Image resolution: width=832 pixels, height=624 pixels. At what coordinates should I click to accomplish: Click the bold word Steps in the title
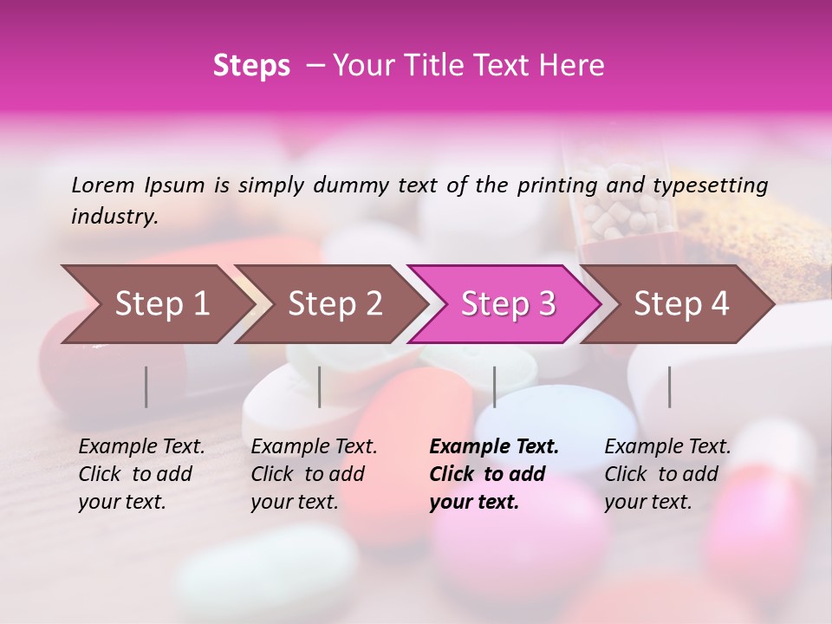click(x=251, y=66)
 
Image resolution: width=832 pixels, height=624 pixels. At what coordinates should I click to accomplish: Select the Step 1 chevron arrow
click(x=156, y=304)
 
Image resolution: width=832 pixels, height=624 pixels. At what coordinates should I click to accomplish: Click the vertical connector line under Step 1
click(x=146, y=387)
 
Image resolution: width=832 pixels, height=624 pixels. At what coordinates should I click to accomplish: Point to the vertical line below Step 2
click(x=320, y=387)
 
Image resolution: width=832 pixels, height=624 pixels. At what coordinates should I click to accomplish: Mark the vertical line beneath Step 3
click(x=494, y=387)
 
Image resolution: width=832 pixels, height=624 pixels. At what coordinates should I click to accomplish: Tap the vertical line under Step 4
click(x=669, y=387)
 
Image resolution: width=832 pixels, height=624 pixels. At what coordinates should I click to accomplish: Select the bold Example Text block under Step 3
click(x=494, y=474)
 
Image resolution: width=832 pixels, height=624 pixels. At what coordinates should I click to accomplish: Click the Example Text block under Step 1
click(x=141, y=474)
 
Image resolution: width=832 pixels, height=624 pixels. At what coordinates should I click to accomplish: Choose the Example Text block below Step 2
click(x=314, y=474)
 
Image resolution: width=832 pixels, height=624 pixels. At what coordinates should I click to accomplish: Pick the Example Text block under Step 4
click(x=667, y=474)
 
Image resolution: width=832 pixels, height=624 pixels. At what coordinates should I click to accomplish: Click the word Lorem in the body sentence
click(x=103, y=185)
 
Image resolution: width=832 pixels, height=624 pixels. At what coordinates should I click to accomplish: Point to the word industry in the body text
click(x=114, y=217)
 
